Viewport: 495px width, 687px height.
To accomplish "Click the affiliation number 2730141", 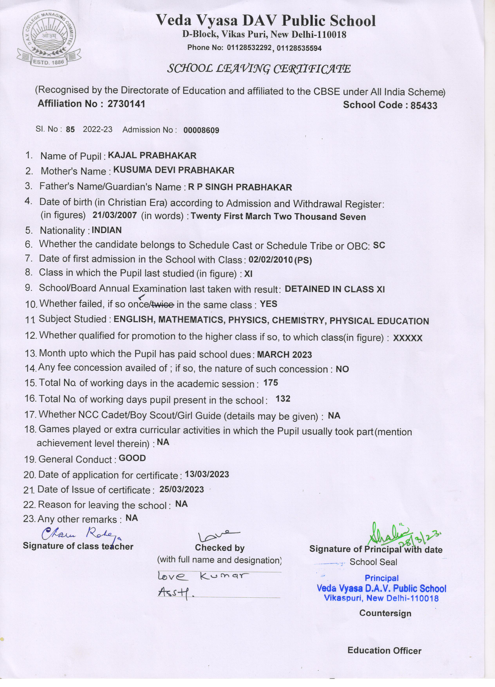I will pos(126,104).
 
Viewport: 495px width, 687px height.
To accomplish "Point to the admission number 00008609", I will pos(201,130).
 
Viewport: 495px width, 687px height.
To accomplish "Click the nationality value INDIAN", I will pos(107,230).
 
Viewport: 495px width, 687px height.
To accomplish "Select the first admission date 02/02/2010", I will pos(270,260).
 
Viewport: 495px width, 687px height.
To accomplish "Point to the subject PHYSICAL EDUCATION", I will pos(379,321).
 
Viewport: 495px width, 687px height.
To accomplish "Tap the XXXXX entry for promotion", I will pos(407,338).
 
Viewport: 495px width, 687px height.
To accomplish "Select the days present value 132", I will pos(283,399).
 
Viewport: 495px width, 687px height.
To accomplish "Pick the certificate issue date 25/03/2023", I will pos(182,490).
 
